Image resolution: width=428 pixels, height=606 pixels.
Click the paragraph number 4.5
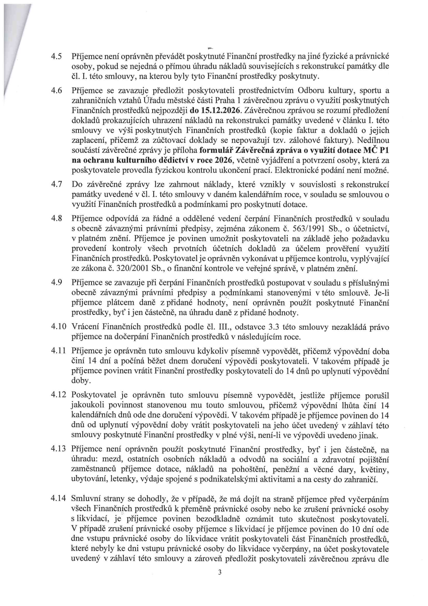tap(56, 56)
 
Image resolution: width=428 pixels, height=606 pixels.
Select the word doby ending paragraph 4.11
tap(81, 381)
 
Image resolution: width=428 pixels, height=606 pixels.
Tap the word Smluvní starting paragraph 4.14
tap(85, 499)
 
